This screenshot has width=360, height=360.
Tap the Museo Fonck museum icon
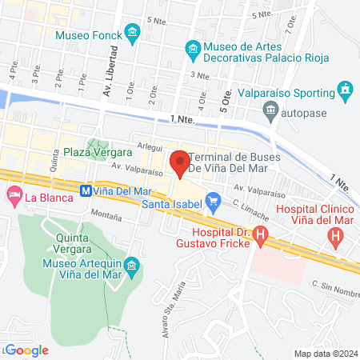tap(133, 33)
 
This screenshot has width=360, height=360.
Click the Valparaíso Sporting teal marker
tap(345, 88)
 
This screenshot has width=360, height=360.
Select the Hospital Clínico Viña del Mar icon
tap(336, 236)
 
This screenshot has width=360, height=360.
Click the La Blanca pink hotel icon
tap(14, 195)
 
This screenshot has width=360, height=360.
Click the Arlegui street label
tap(150, 147)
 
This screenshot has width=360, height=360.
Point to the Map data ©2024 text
tap(325, 353)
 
